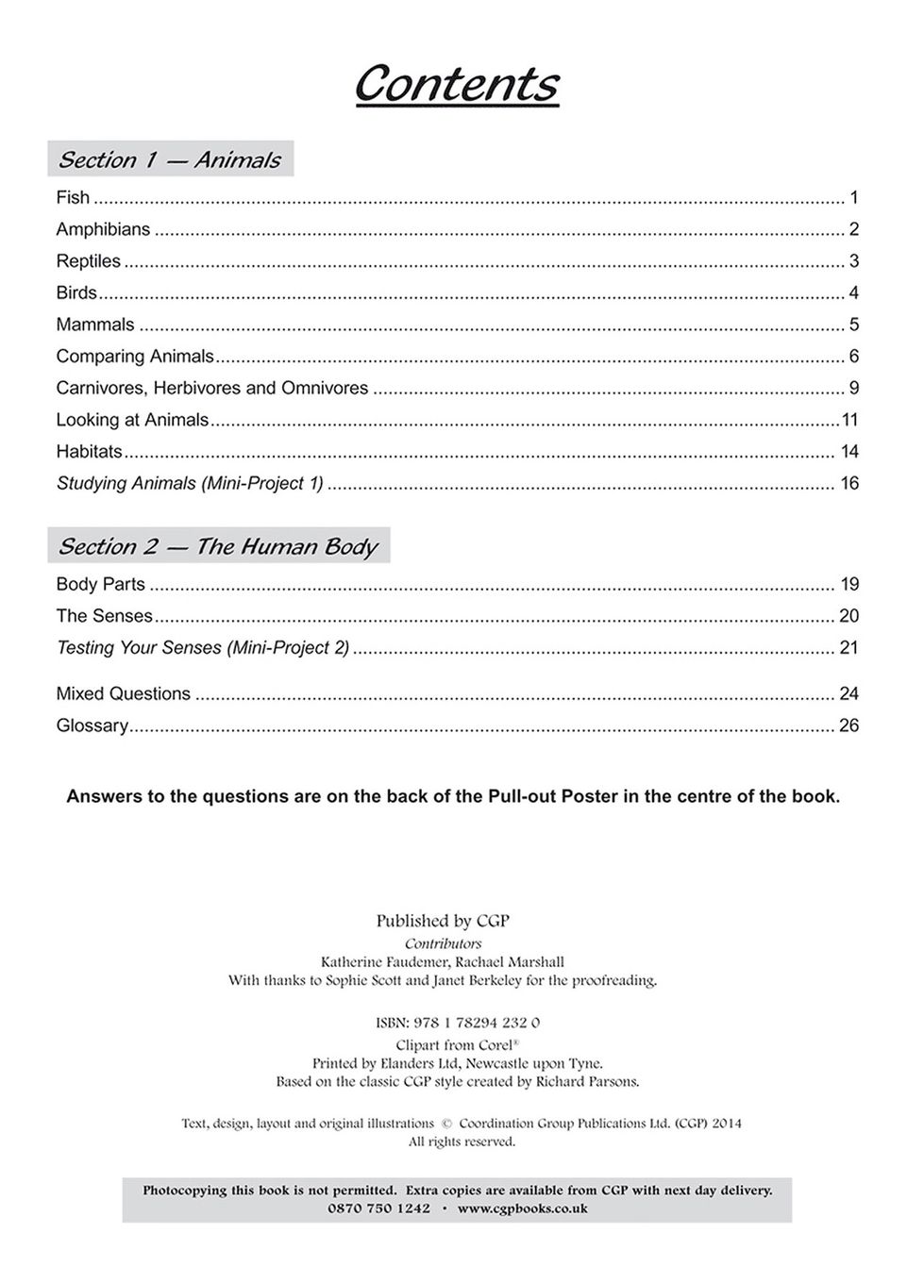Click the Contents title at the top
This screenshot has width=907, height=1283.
click(456, 84)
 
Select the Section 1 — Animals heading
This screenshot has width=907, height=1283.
click(170, 159)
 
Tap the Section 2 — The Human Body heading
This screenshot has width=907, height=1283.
click(218, 546)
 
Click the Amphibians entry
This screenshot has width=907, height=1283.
click(103, 229)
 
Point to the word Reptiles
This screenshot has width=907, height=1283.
click(89, 261)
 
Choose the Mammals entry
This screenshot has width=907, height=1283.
click(95, 325)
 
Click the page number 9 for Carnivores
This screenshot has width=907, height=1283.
click(853, 388)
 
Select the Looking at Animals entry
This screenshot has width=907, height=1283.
click(132, 420)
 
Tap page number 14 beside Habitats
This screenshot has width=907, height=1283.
click(849, 451)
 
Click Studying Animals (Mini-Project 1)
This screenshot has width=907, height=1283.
click(190, 483)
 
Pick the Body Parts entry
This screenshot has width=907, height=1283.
click(101, 584)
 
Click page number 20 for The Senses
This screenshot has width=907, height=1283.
click(848, 616)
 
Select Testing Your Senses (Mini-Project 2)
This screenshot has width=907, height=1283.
click(203, 648)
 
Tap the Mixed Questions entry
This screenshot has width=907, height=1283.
click(124, 694)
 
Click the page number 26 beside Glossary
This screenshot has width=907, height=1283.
click(848, 725)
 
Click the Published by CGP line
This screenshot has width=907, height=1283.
click(443, 921)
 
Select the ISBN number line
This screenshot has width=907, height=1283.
click(457, 1023)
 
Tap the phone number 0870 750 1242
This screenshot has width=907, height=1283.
click(378, 1208)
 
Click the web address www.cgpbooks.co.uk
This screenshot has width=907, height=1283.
click(522, 1208)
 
